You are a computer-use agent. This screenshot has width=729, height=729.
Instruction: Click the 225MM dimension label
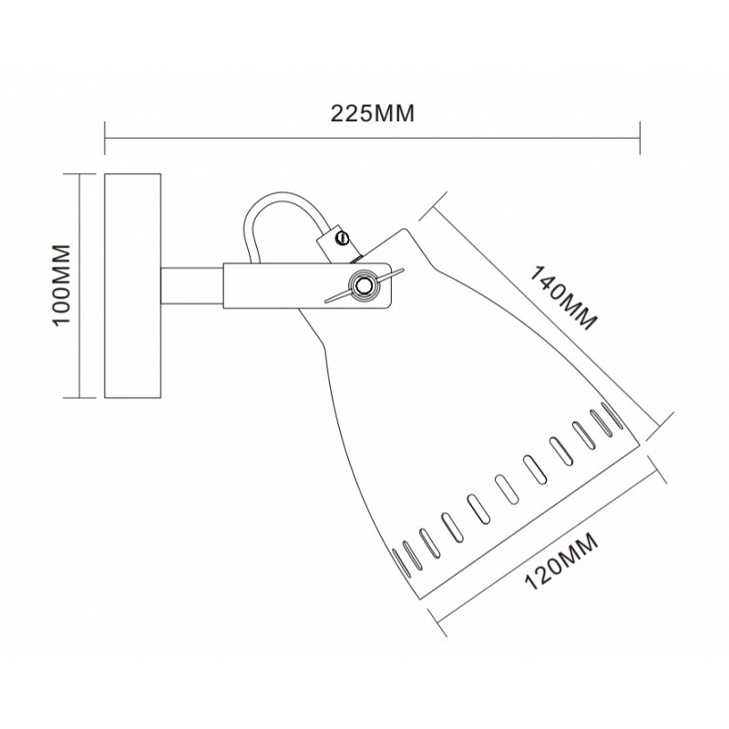click(372, 113)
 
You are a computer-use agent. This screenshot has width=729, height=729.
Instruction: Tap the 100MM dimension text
click(62, 285)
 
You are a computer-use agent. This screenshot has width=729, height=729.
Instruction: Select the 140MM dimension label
click(562, 298)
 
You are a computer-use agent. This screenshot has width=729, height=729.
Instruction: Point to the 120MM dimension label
click(561, 561)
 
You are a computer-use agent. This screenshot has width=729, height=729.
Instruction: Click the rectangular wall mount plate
click(133, 285)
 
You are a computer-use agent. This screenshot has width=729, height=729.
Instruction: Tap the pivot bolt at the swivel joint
click(364, 284)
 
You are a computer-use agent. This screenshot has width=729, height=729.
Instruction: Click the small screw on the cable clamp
click(344, 237)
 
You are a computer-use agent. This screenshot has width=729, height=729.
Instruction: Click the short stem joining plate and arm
click(192, 285)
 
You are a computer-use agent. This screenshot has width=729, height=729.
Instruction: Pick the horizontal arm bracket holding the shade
click(307, 285)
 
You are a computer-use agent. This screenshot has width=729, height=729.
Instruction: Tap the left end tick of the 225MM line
click(105, 139)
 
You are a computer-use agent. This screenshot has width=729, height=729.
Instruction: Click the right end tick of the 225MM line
click(641, 139)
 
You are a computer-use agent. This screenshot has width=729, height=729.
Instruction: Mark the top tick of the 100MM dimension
click(79, 174)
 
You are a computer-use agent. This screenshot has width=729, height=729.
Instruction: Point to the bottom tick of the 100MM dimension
click(79, 398)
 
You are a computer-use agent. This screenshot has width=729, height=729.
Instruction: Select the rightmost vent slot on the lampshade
click(612, 415)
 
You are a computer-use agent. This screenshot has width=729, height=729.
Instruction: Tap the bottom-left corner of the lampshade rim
click(421, 600)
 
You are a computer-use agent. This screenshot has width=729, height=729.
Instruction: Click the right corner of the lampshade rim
click(641, 445)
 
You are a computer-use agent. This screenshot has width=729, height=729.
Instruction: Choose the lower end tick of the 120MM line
click(437, 622)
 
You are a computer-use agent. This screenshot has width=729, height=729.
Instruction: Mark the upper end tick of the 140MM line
click(434, 205)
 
